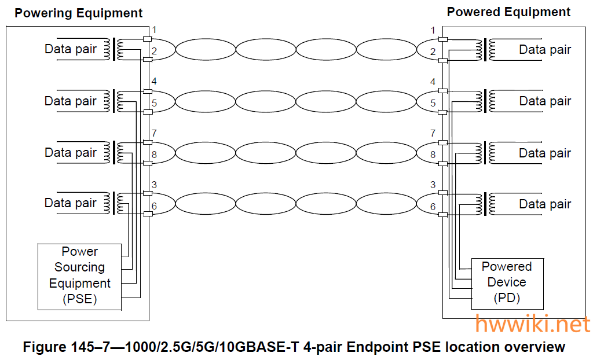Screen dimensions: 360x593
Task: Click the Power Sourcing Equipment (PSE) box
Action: (x=80, y=276)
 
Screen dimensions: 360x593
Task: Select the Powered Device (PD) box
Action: (x=507, y=283)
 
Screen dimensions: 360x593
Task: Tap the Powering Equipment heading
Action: (x=78, y=13)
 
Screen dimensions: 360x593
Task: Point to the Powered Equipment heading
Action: (x=508, y=12)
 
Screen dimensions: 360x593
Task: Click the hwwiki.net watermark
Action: (x=532, y=324)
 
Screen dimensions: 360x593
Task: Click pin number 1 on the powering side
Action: (x=154, y=30)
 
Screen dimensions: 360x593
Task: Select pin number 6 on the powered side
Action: (x=433, y=207)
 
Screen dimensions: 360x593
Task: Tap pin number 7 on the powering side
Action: (x=154, y=134)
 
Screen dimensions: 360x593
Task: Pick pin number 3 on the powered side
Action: (x=433, y=185)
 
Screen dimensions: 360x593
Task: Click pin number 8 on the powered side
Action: (x=433, y=155)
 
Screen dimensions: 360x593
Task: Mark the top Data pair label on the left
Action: (x=71, y=49)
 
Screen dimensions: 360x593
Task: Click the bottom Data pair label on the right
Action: (x=545, y=204)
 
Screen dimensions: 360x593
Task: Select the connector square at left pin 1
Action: (x=147, y=39)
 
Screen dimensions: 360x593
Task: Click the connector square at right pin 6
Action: (x=443, y=215)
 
